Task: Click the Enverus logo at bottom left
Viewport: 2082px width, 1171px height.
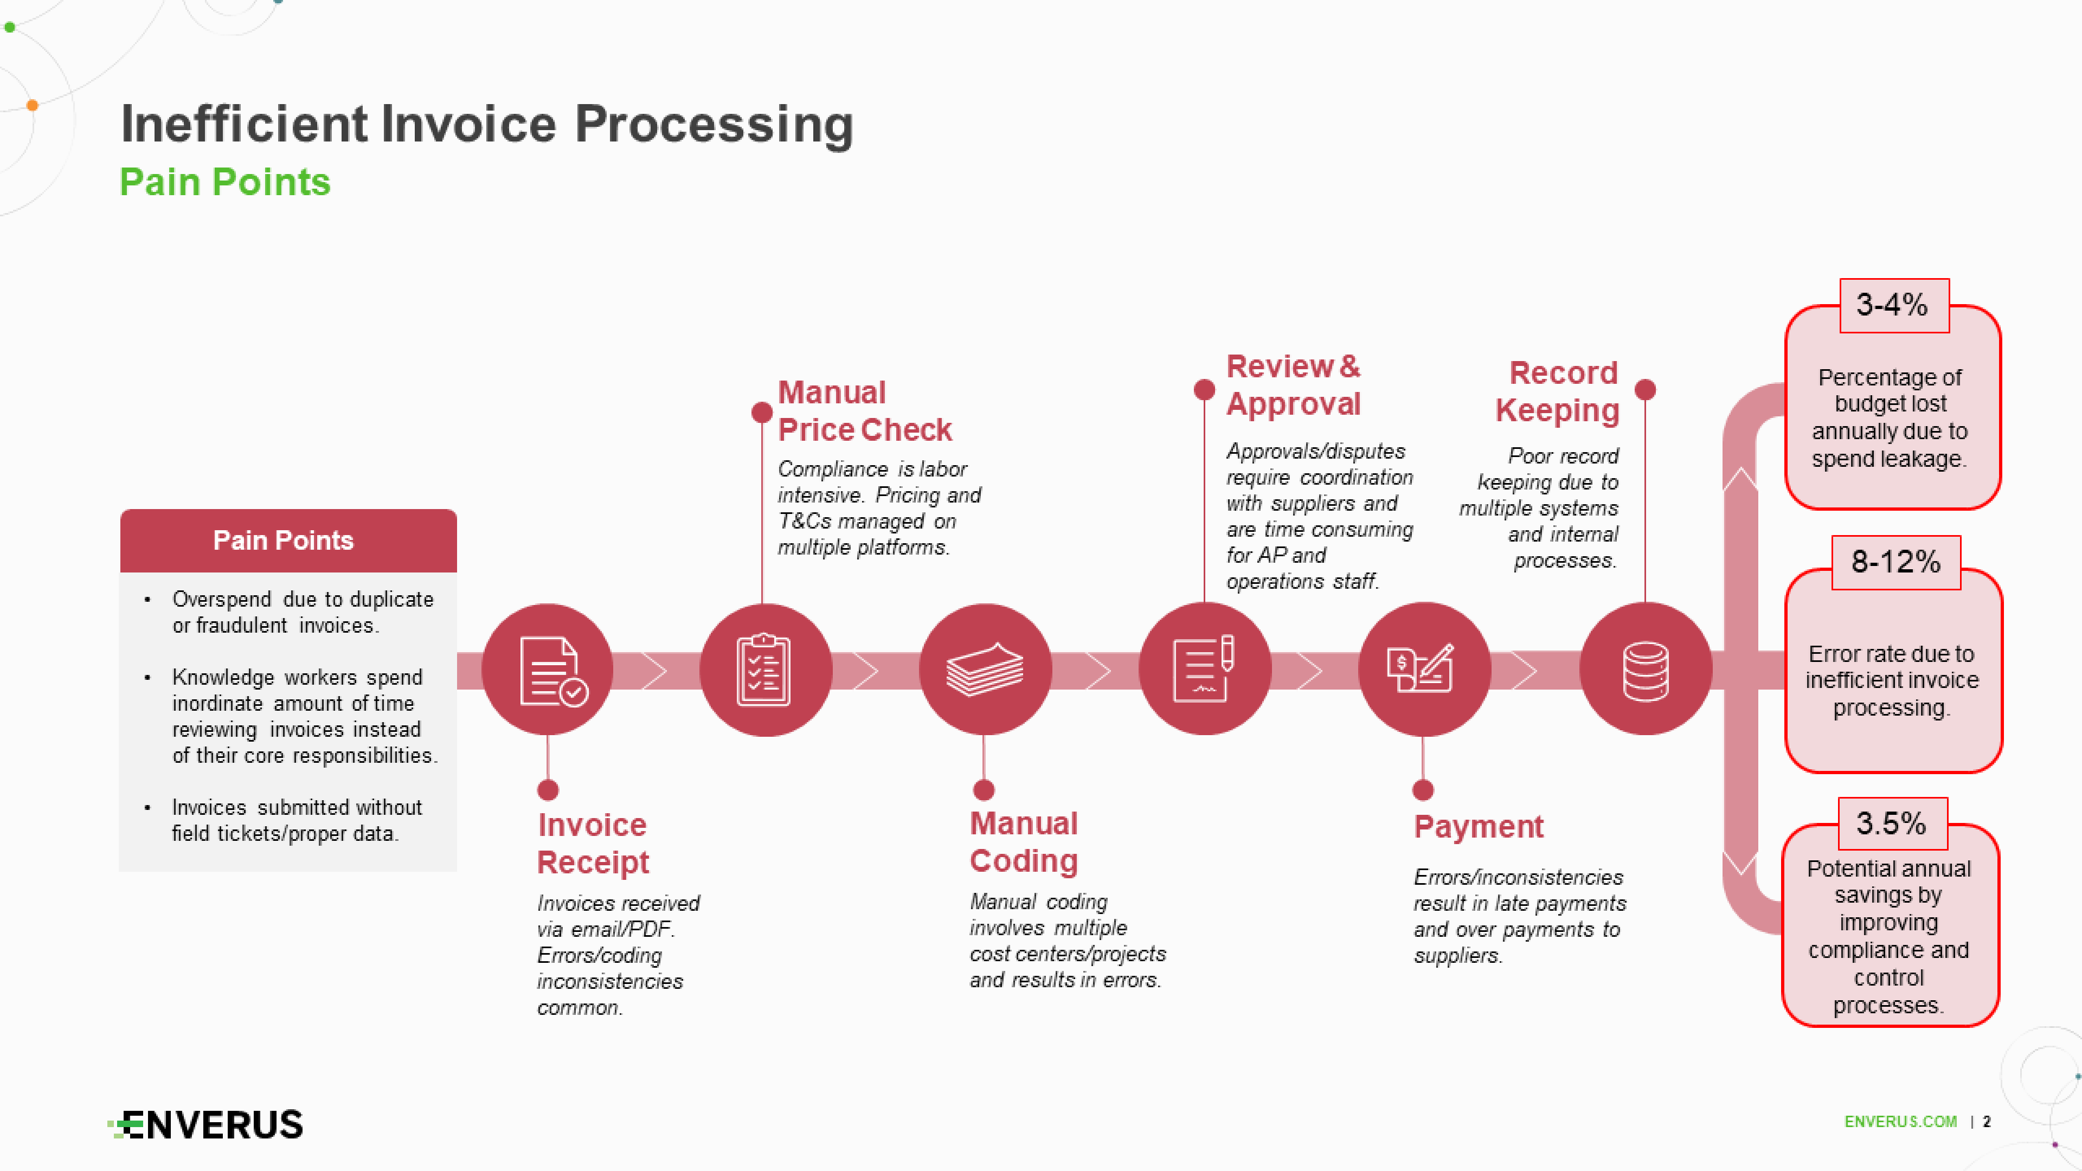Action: (206, 1124)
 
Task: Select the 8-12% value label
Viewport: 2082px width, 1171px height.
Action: (1895, 562)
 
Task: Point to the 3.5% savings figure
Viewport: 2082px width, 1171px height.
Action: (1891, 823)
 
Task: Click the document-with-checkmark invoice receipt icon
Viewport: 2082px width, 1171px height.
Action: (549, 670)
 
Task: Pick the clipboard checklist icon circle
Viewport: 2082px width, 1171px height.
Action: (764, 670)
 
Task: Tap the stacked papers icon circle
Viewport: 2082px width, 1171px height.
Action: (985, 670)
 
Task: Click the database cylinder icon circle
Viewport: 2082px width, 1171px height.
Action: (1645, 670)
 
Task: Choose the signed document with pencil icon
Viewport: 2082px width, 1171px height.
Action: (1204, 670)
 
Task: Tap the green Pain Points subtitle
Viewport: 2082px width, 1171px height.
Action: (224, 182)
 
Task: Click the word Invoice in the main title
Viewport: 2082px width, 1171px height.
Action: (469, 125)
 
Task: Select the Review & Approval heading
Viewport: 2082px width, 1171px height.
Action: (1293, 385)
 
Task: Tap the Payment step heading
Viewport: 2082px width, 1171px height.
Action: (1478, 826)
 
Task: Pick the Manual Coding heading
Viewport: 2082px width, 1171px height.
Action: (1024, 842)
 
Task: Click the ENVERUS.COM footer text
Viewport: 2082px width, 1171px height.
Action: (1900, 1122)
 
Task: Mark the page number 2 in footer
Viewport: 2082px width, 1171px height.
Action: (1987, 1122)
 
